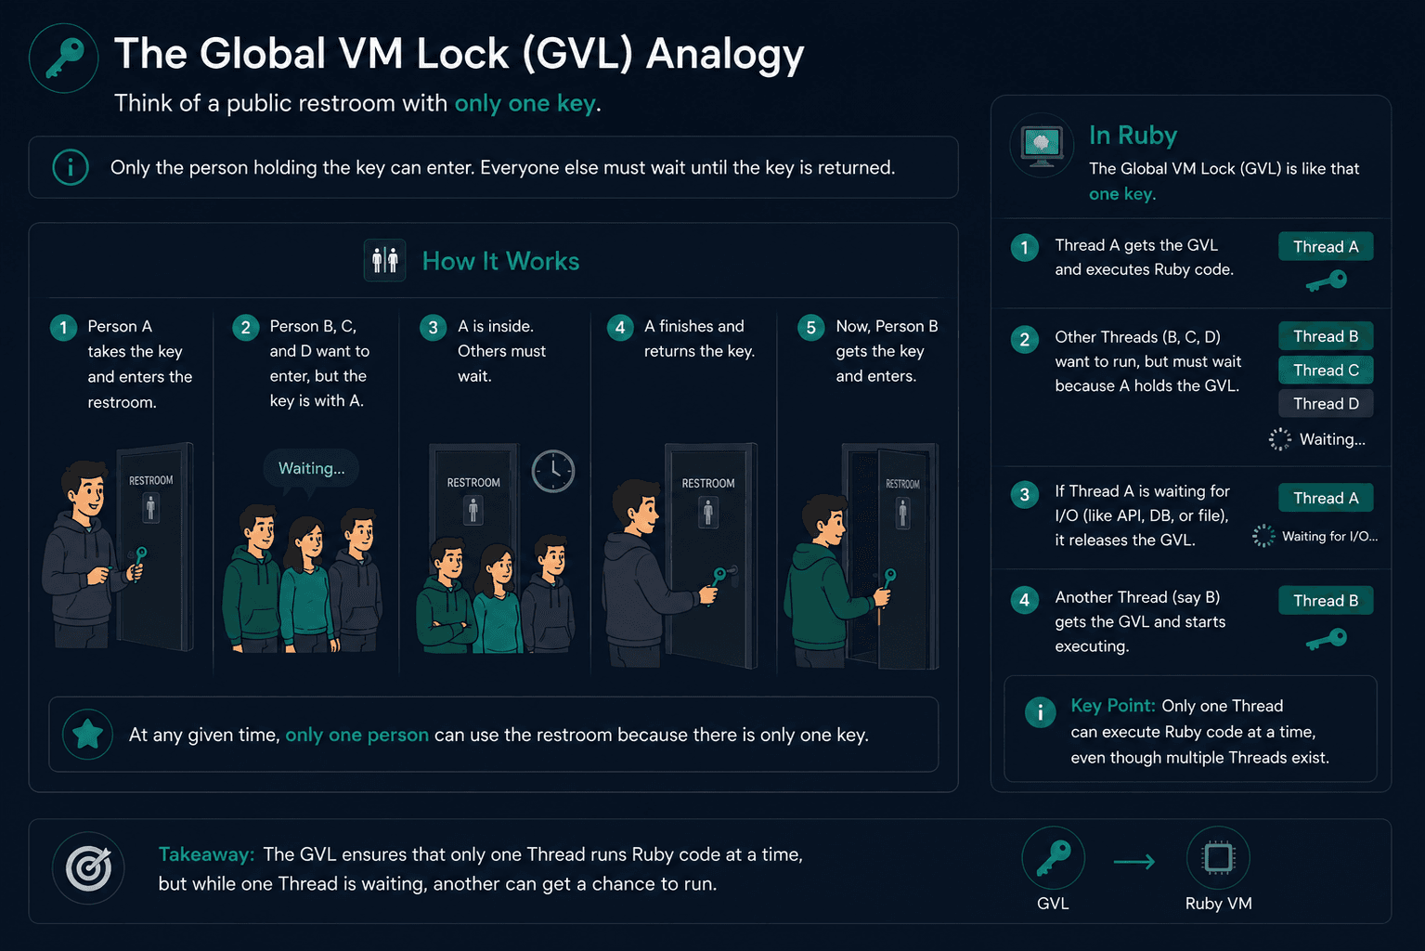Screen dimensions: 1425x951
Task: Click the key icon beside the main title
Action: click(64, 58)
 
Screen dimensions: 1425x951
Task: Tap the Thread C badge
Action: click(1326, 370)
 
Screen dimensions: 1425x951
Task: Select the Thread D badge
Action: click(1326, 404)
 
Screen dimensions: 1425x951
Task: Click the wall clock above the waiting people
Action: click(552, 471)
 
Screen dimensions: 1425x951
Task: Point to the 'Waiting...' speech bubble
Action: click(311, 469)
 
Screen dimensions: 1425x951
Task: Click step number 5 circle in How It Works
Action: click(811, 328)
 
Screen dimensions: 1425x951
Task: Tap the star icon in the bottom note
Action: click(88, 734)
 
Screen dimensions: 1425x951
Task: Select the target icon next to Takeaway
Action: click(88, 867)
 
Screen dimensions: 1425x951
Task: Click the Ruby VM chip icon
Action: click(1218, 857)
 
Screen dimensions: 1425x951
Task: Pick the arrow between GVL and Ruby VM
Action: click(1134, 861)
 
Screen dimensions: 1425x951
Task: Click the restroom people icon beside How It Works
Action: click(385, 260)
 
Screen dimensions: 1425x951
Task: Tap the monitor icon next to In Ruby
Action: click(1042, 146)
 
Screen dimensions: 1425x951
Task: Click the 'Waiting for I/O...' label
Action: click(1329, 536)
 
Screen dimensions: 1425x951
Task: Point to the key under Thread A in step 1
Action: click(1327, 280)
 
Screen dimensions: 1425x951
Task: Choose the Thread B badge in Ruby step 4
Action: click(1326, 600)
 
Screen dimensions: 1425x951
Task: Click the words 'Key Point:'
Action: click(1113, 705)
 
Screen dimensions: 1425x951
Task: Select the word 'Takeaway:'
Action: click(206, 854)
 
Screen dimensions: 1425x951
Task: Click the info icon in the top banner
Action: click(71, 167)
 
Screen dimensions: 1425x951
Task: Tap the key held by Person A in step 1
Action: click(138, 562)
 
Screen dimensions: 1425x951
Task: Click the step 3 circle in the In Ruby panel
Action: click(1024, 494)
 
